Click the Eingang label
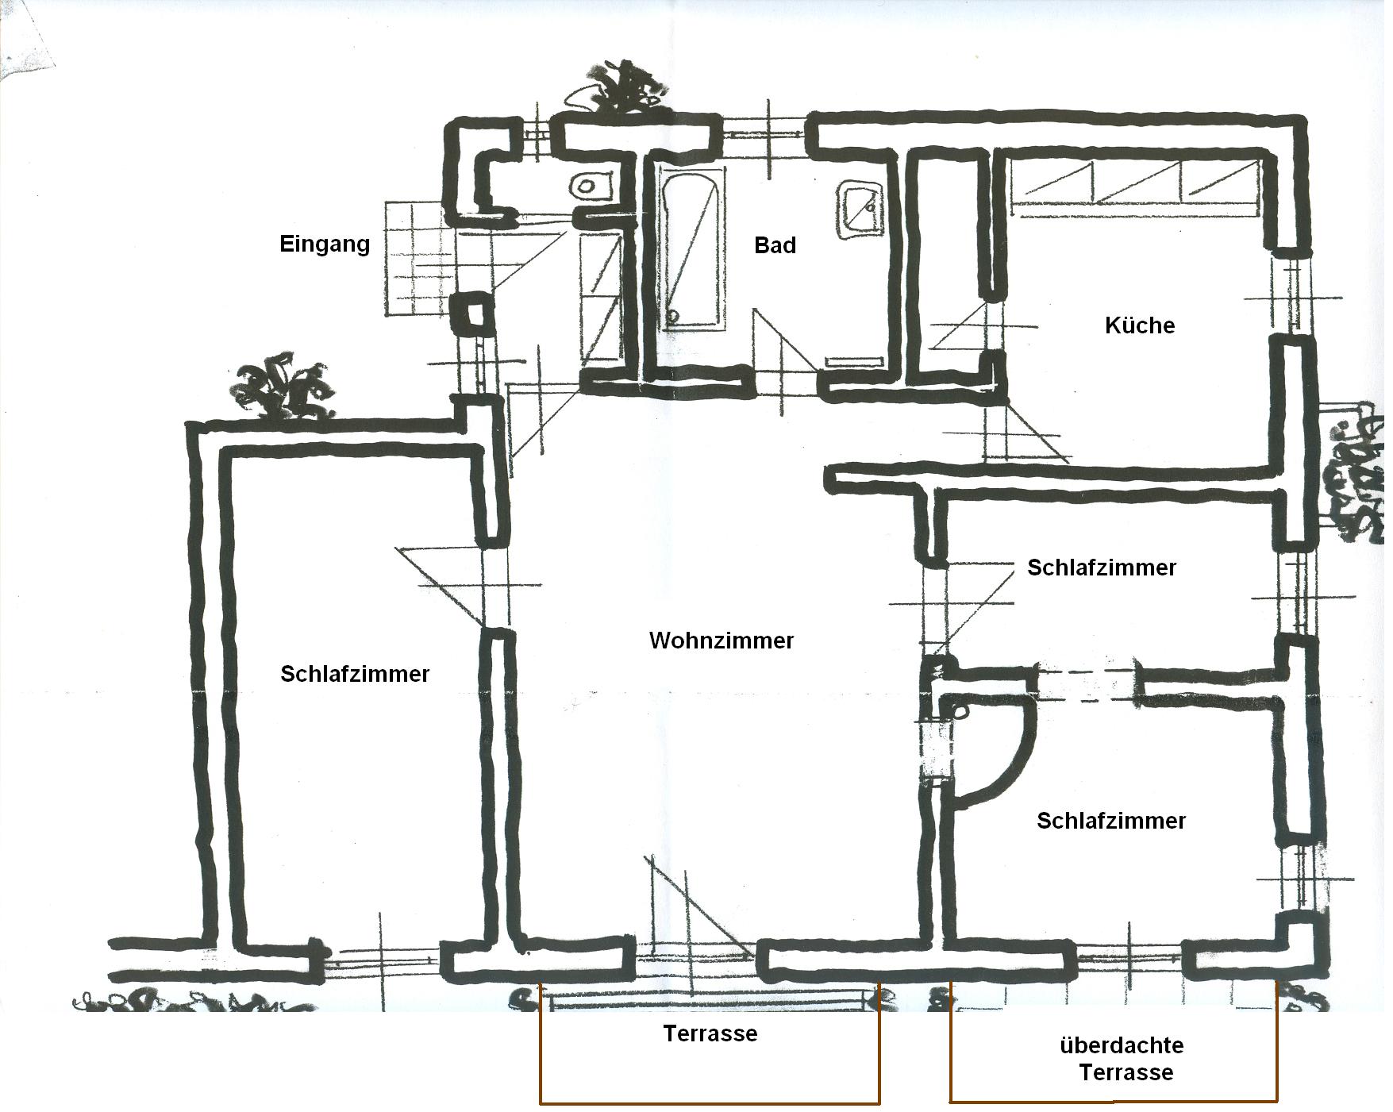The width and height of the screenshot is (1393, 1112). pos(325,244)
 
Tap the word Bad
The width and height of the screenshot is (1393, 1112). pos(775,245)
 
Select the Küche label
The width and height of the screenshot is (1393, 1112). pos(1140,325)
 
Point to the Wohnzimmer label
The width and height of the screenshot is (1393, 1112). pos(722,641)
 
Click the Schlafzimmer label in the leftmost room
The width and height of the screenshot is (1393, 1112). pos(355,674)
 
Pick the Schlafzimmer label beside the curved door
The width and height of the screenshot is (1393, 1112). pos(1111,820)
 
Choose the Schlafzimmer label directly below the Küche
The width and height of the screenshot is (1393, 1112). pos(1102,568)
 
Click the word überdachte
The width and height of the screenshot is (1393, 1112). pos(1122,1045)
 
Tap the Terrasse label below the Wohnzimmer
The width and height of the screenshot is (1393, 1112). pos(710,1033)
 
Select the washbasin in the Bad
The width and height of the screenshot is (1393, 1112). pos(860,209)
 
